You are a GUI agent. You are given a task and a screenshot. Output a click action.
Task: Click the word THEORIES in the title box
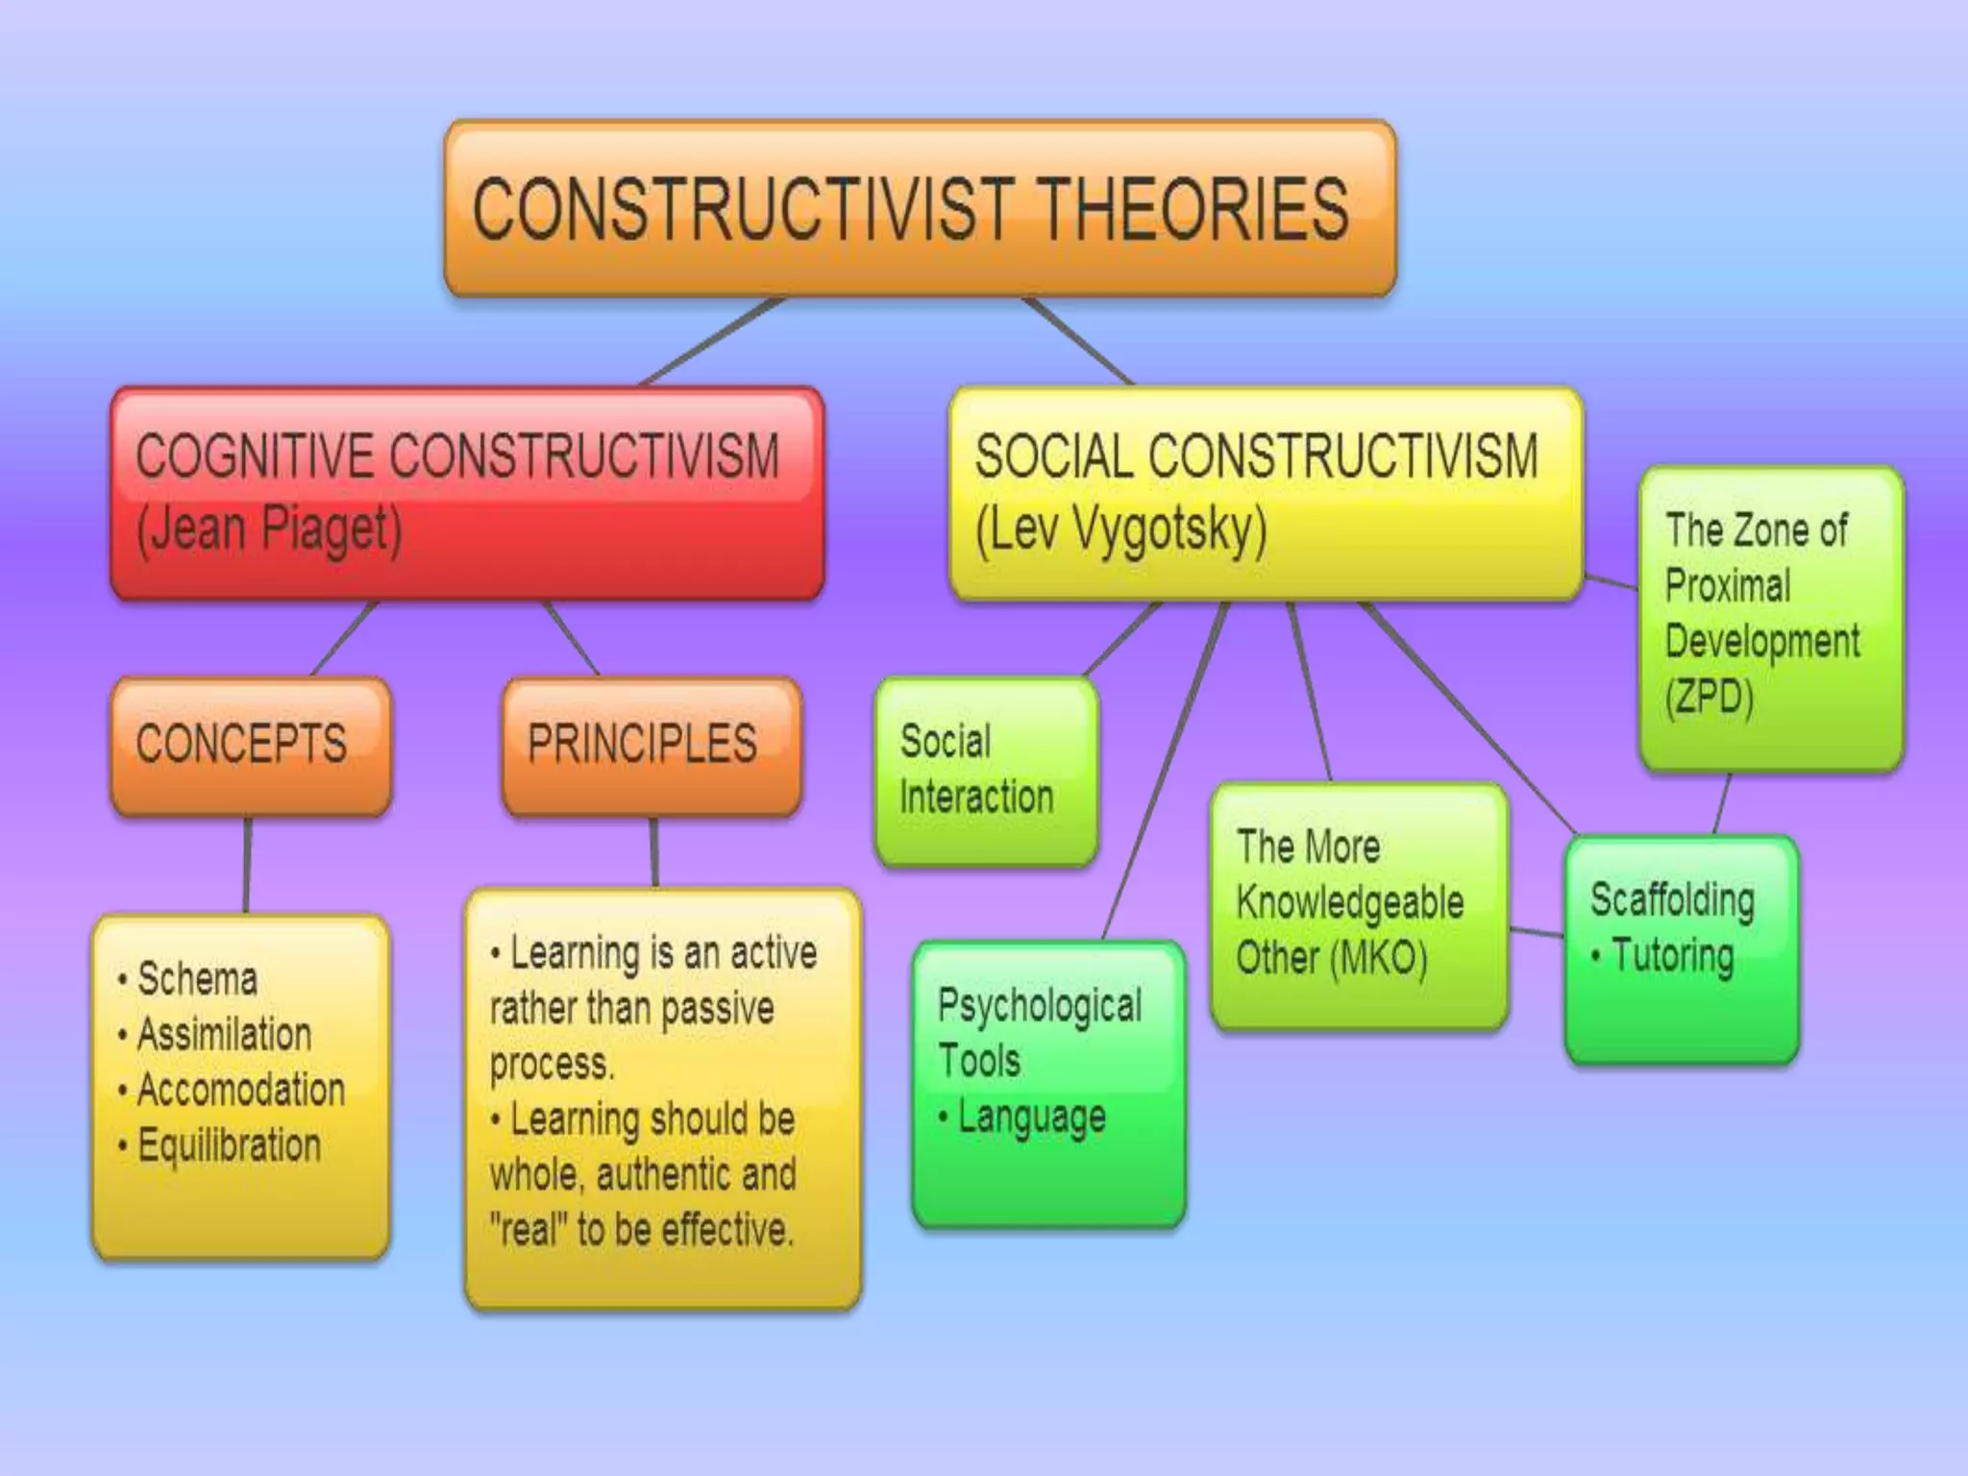[x=1194, y=209]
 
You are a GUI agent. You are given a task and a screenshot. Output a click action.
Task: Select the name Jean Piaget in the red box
[x=269, y=529]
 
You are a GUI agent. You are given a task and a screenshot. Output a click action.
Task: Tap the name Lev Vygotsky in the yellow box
[x=1120, y=529]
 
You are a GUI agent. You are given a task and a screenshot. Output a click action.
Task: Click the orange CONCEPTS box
[x=251, y=745]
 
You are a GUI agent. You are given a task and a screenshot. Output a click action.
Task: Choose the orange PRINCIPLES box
[x=651, y=745]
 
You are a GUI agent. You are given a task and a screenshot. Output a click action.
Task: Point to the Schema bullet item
[x=197, y=979]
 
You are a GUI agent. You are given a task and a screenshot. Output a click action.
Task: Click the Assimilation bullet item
[x=224, y=1035]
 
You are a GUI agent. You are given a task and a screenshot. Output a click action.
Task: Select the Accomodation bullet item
[x=240, y=1091]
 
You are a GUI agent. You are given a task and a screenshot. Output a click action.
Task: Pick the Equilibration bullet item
[x=229, y=1145]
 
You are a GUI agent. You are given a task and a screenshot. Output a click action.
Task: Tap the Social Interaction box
[x=985, y=770]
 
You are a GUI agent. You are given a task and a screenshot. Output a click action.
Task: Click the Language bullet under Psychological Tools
[x=1031, y=1118]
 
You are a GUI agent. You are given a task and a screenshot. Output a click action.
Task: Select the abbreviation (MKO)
[x=1379, y=958]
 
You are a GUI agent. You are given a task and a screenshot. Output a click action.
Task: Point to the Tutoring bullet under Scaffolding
[x=1672, y=956]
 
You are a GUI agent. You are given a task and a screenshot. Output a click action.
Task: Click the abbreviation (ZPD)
[x=1710, y=697]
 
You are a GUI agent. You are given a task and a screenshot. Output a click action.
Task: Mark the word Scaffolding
[x=1672, y=900]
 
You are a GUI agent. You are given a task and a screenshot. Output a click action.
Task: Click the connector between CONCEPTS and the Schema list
[x=247, y=865]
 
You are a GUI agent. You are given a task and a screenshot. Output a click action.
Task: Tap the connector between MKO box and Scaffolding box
[x=1537, y=931]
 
